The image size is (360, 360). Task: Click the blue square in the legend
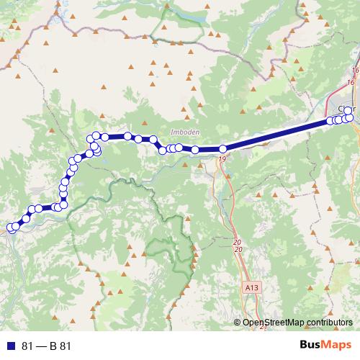pyautogui.click(x=12, y=346)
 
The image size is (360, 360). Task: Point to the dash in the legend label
pyautogui.click(x=41, y=346)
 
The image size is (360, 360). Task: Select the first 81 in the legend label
pyautogui.click(x=28, y=346)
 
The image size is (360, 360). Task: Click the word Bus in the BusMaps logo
pyautogui.click(x=310, y=346)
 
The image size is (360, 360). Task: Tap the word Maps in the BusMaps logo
pyautogui.click(x=337, y=346)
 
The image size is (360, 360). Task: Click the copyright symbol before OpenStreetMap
pyautogui.click(x=238, y=323)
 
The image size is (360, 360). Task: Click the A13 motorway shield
pyautogui.click(x=251, y=287)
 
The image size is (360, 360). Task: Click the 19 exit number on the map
pyautogui.click(x=222, y=158)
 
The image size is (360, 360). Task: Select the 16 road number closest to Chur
pyautogui.click(x=351, y=84)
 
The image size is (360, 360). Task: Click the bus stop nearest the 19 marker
pyautogui.click(x=222, y=149)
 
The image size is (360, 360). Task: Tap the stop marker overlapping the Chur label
pyautogui.click(x=348, y=111)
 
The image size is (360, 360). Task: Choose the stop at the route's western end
pyautogui.click(x=11, y=228)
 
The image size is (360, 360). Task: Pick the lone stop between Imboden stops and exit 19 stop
pyautogui.click(x=195, y=150)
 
